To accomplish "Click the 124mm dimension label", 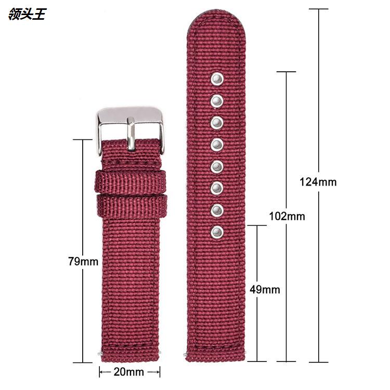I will click(x=318, y=182).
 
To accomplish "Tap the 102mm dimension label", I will click(x=287, y=216).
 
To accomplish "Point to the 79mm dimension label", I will click(x=83, y=262).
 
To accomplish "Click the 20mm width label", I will click(x=129, y=372).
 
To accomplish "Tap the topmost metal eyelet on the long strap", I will click(x=217, y=79).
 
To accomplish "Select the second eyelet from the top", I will click(x=217, y=100).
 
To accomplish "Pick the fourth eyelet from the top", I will click(x=217, y=144).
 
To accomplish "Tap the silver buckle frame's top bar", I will click(x=130, y=113).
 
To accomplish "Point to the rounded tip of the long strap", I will click(x=217, y=26).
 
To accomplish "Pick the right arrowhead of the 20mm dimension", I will click(x=157, y=372).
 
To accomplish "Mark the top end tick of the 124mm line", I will click(x=318, y=9).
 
